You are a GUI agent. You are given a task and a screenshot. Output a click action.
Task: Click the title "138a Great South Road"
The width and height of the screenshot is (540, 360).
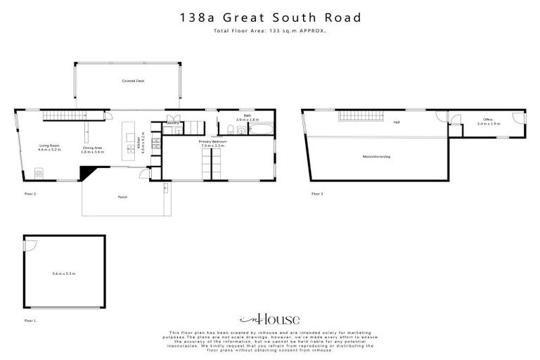tap(269, 17)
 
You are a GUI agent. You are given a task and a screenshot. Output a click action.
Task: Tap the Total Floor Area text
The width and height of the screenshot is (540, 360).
tap(269, 31)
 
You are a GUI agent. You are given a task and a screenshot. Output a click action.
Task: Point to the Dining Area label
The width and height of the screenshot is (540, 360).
tap(92, 149)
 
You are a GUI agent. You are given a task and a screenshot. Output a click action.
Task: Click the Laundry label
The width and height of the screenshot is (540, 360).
tap(172, 123)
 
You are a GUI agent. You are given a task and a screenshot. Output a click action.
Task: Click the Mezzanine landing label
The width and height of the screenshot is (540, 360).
tap(376, 156)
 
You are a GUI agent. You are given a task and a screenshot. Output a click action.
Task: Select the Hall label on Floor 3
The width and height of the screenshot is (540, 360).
tap(397, 122)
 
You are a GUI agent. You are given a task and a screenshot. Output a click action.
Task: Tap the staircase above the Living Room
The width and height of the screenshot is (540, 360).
tap(59, 115)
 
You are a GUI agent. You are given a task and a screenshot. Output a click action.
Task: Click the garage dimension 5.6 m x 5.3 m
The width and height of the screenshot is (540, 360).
tap(64, 274)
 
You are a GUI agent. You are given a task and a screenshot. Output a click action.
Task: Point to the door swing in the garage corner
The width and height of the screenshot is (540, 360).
tap(30, 242)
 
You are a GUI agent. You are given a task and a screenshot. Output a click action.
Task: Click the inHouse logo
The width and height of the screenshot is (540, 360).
tap(269, 319)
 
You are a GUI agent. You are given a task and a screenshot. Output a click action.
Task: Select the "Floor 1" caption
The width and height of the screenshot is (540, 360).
tap(30, 319)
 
